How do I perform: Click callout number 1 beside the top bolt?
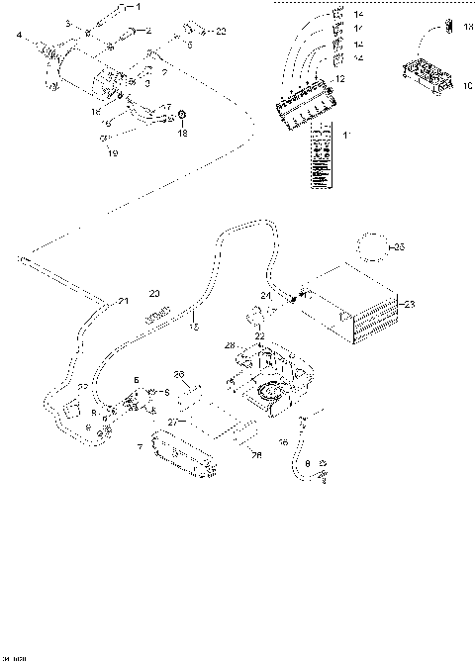(138, 8)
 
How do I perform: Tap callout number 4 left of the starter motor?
(18, 37)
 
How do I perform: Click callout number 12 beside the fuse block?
(341, 77)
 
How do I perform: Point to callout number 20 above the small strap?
(153, 294)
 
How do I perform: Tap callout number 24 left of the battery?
(265, 296)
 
